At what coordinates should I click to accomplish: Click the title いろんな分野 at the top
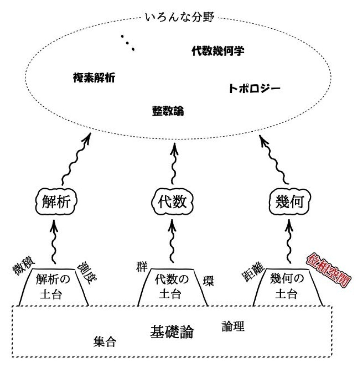tap(179, 18)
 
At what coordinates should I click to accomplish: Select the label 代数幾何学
tap(218, 51)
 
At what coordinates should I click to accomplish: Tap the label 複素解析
tap(94, 77)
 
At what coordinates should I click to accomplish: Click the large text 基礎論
tap(172, 331)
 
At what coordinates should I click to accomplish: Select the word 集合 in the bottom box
tap(105, 342)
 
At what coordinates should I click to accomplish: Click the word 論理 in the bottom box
tap(233, 326)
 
